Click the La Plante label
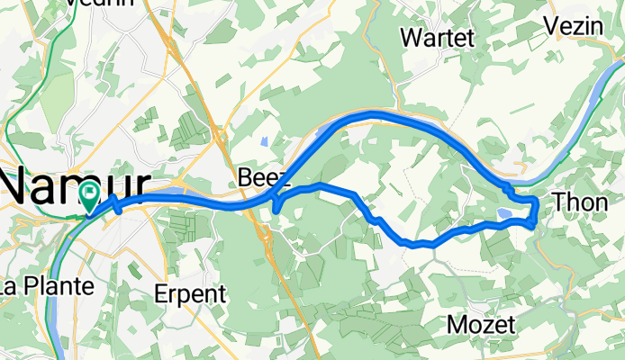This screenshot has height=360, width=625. [47, 287]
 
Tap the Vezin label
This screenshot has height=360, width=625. [578, 27]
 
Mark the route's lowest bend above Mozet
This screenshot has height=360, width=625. [416, 244]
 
